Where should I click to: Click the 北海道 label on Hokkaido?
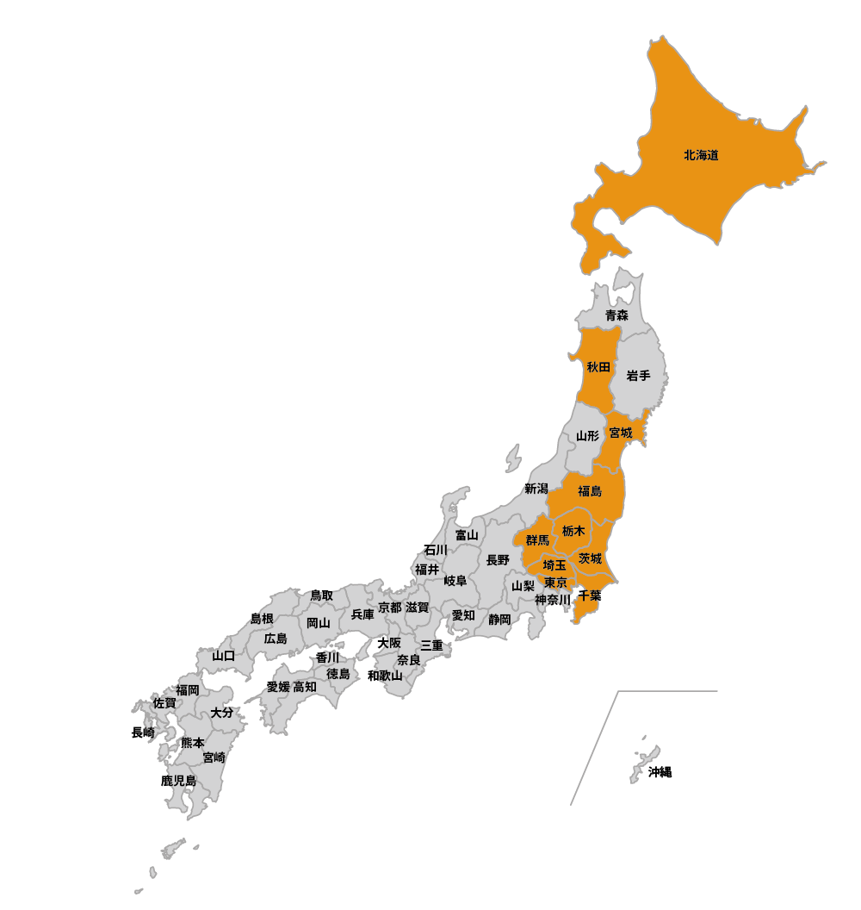pyautogui.click(x=701, y=156)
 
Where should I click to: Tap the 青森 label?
pyautogui.click(x=616, y=315)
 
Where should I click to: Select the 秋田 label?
pyautogui.click(x=598, y=367)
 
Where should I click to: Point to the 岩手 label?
pyautogui.click(x=638, y=376)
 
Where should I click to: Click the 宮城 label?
pyautogui.click(x=620, y=433)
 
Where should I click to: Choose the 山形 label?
pyautogui.click(x=587, y=436)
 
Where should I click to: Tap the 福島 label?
pyautogui.click(x=590, y=491)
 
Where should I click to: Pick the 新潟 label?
pyautogui.click(x=536, y=489)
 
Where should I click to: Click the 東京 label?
pyautogui.click(x=555, y=583)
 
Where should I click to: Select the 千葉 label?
pyautogui.click(x=590, y=595)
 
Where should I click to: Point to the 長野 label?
pyautogui.click(x=498, y=560)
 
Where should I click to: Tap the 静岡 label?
pyautogui.click(x=499, y=619)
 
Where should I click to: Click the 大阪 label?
pyautogui.click(x=389, y=643)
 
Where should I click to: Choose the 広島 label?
pyautogui.click(x=276, y=639)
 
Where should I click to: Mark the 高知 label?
pyautogui.click(x=305, y=687)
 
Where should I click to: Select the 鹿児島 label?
pyautogui.click(x=178, y=781)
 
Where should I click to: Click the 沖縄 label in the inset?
pyautogui.click(x=660, y=772)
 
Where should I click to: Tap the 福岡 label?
pyautogui.click(x=188, y=689)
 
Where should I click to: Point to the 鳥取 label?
pyautogui.click(x=321, y=595)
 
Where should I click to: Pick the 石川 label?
pyautogui.click(x=436, y=550)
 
